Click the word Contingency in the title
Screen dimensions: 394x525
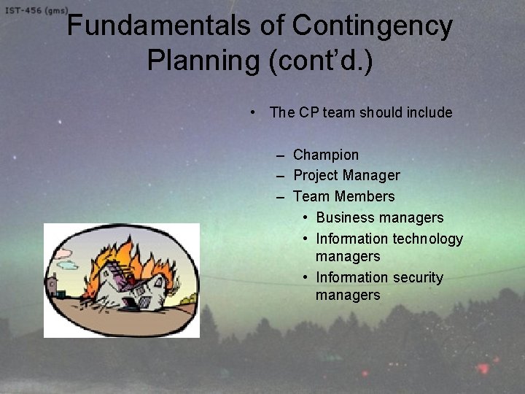372,26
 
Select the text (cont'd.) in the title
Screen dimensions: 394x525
320,59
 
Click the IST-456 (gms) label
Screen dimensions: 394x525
35,11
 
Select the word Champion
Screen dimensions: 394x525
325,155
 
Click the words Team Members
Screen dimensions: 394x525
343,196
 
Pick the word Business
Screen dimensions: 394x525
344,217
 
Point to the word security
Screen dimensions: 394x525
417,277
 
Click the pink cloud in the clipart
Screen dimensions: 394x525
66,254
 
